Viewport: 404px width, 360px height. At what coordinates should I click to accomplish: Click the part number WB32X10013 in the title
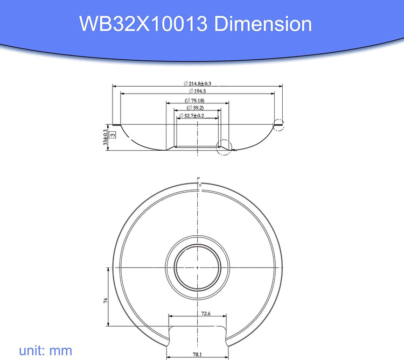coord(143,24)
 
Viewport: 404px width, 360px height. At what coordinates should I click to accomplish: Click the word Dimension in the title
coord(263,24)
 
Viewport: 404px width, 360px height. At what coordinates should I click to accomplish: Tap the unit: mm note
coord(46,350)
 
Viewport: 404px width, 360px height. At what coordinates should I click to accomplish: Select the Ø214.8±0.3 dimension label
coord(197,83)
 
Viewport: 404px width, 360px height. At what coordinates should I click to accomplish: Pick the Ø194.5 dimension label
coord(197,91)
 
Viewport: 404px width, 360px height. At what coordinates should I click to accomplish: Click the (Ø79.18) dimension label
coord(194,100)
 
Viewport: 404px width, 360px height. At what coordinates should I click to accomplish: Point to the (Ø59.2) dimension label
coord(195,108)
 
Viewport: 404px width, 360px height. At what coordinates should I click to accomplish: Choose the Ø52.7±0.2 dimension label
coord(192,116)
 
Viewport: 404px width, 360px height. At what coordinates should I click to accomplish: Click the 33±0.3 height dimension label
coord(106,137)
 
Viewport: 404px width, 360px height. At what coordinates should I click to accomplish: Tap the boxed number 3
coord(113,135)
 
